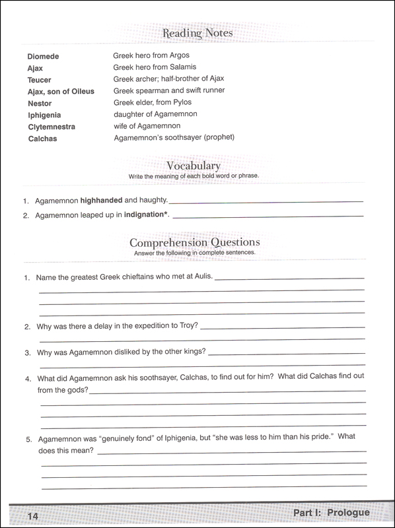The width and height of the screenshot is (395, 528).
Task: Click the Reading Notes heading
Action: tap(197, 32)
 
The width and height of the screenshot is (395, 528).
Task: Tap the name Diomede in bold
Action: tap(43, 56)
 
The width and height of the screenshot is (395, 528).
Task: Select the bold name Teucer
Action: tap(40, 80)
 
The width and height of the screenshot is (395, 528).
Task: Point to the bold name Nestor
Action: tap(40, 104)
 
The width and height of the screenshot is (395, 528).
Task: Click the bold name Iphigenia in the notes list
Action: tap(44, 115)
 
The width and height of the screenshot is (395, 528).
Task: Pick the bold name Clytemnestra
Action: tap(52, 127)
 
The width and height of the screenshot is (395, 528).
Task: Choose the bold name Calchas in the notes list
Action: tap(42, 139)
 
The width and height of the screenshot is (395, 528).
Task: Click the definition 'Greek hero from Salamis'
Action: tap(155, 67)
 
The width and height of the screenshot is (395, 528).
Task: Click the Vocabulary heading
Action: tap(194, 166)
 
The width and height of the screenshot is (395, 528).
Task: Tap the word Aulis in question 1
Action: tap(201, 276)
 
